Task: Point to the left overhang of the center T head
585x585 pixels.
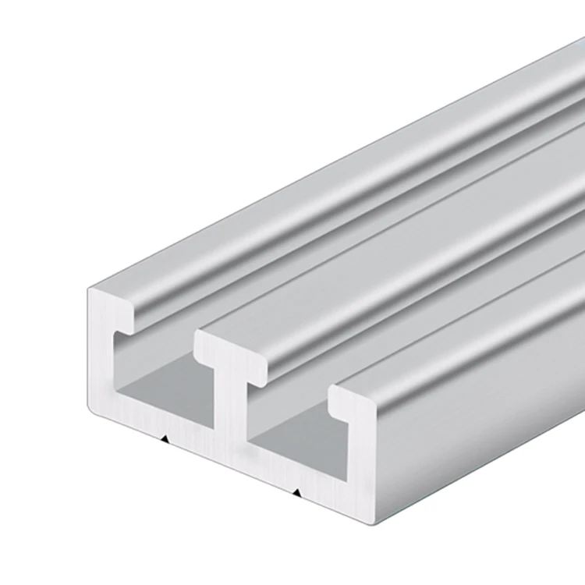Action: [x=204, y=343]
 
